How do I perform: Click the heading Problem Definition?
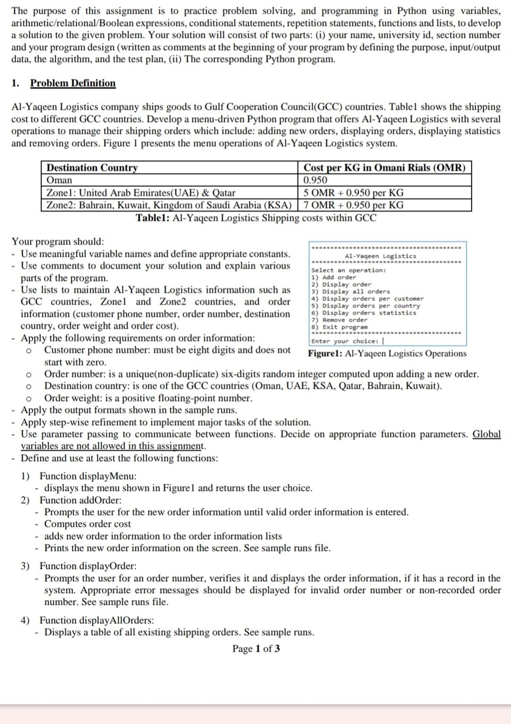(73, 83)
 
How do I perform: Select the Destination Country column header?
(92, 168)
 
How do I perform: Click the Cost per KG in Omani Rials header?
(384, 168)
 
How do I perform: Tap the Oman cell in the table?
(60, 180)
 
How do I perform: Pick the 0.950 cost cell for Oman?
(315, 180)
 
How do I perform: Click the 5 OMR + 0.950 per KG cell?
(353, 193)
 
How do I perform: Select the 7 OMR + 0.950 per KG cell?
(353, 205)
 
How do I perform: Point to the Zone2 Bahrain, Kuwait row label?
(168, 205)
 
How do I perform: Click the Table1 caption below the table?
(256, 218)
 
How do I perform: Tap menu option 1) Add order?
(334, 277)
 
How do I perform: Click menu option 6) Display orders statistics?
(363, 313)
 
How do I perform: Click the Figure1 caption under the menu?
(387, 353)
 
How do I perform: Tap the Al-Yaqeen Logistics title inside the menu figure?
(380, 256)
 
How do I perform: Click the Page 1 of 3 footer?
(255, 648)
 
